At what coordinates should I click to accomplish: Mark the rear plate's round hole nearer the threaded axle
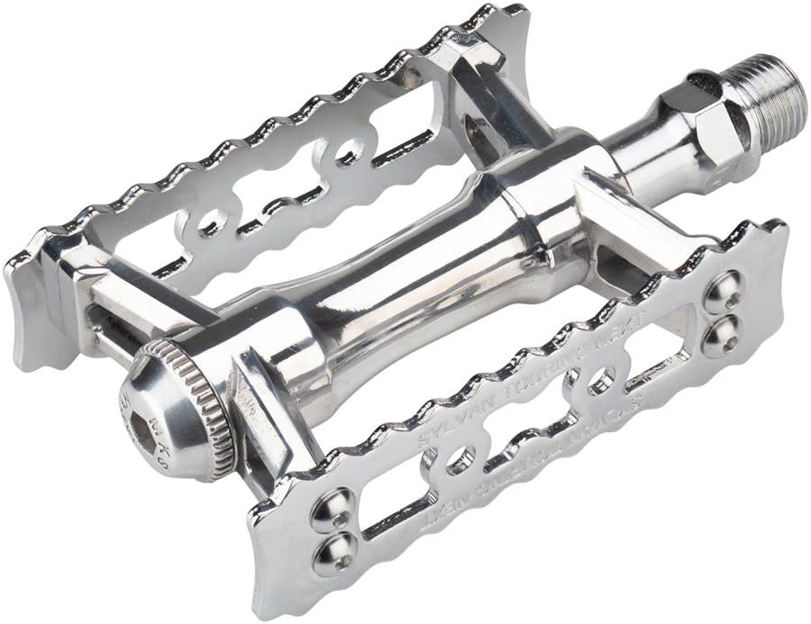tap(343, 152)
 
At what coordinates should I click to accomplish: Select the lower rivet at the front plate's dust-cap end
tap(333, 552)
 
